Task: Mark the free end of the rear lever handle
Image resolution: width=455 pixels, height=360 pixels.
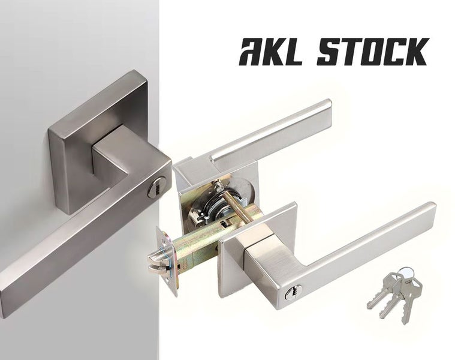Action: coord(324,108)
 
